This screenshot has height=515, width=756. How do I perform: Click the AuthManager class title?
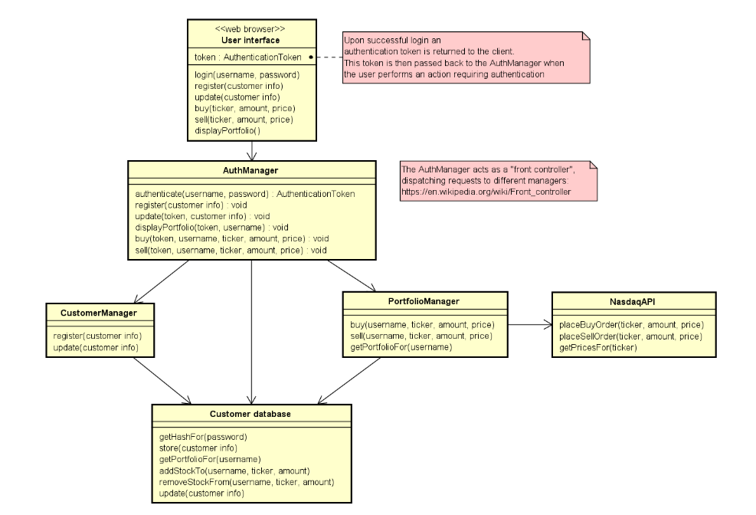[251, 170]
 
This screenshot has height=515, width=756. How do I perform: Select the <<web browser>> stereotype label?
[240, 28]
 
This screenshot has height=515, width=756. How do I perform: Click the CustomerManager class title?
[98, 313]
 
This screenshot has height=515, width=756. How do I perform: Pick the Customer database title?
[250, 414]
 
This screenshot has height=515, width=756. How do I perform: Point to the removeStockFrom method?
[246, 482]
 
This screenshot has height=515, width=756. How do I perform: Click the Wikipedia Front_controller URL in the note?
[486, 192]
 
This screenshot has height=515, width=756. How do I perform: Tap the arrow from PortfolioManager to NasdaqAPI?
[529, 325]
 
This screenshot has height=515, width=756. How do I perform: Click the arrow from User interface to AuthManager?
[251, 151]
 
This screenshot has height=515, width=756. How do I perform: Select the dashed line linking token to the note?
[327, 57]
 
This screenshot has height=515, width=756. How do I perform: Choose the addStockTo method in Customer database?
[234, 471]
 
